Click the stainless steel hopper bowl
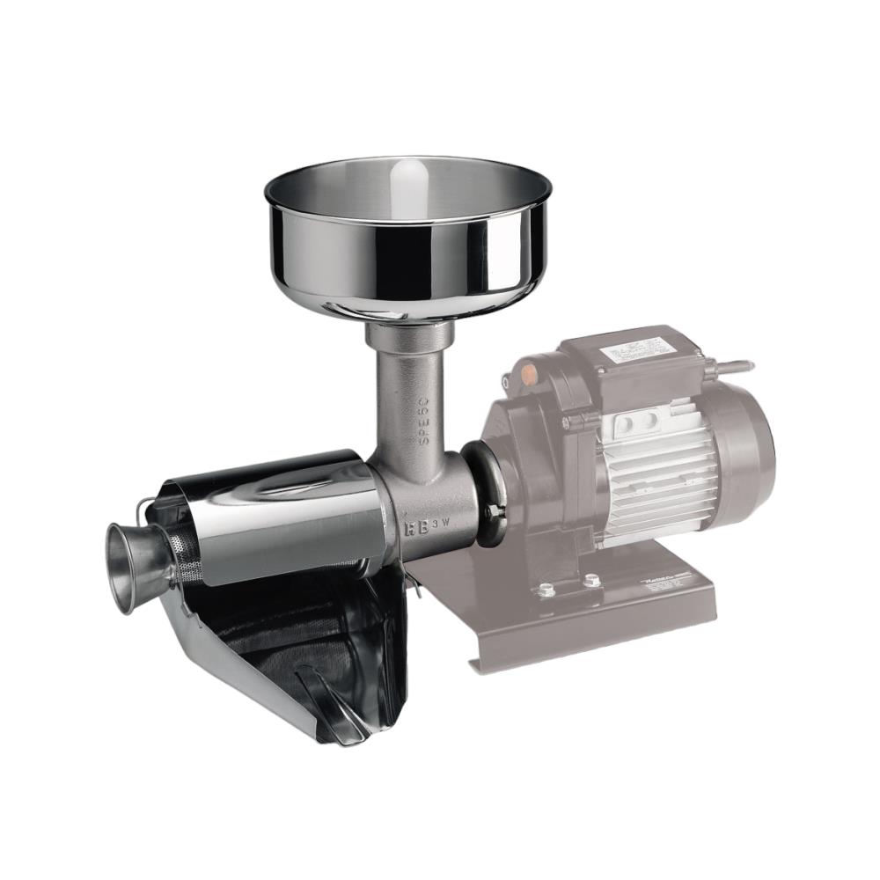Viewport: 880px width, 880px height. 408,238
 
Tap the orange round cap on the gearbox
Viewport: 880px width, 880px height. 530,372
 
